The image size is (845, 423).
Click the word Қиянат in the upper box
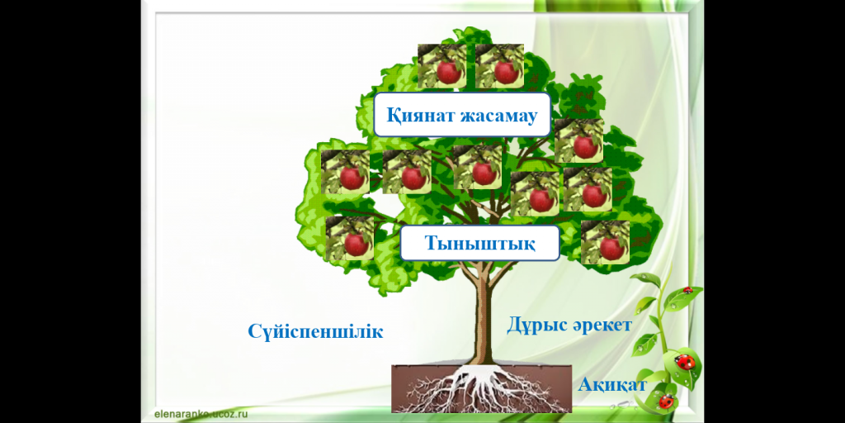pyautogui.click(x=420, y=115)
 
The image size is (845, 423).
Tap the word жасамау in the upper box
pyautogui.click(x=498, y=116)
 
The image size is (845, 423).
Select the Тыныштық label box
pyautogui.click(x=479, y=243)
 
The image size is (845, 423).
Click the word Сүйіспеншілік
pyautogui.click(x=315, y=330)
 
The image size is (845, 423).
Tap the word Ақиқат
pyautogui.click(x=612, y=385)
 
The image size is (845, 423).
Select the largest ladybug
pyautogui.click(x=685, y=361)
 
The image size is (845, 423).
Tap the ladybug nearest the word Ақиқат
pyautogui.click(x=667, y=402)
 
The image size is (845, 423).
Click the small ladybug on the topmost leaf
pyautogui.click(x=687, y=290)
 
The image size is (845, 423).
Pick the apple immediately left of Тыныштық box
pyautogui.click(x=350, y=238)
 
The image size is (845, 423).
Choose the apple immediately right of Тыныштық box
pyautogui.click(x=605, y=242)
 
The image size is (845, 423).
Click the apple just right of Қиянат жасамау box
pyautogui.click(x=578, y=140)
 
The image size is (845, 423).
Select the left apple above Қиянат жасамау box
pyautogui.click(x=442, y=66)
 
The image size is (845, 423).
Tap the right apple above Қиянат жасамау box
pyautogui.click(x=499, y=66)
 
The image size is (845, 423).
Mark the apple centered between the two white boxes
pyautogui.click(x=478, y=167)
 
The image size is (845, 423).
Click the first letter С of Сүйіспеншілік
pyautogui.click(x=254, y=331)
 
